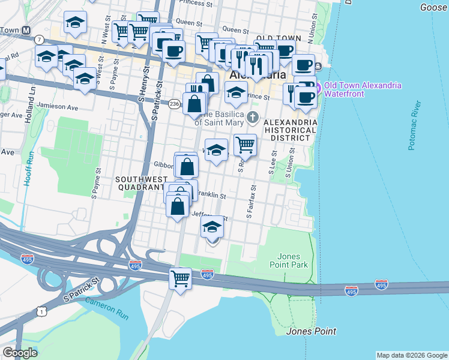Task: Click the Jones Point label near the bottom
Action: click(311, 331)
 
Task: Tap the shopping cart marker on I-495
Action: click(180, 278)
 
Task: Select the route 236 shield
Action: click(174, 104)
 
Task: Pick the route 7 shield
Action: click(39, 39)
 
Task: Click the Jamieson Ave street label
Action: click(57, 107)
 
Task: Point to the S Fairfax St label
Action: click(251, 201)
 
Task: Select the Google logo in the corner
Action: click(20, 353)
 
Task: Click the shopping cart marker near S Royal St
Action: click(245, 145)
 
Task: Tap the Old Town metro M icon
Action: click(26, 30)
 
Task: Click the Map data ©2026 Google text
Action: click(412, 355)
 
